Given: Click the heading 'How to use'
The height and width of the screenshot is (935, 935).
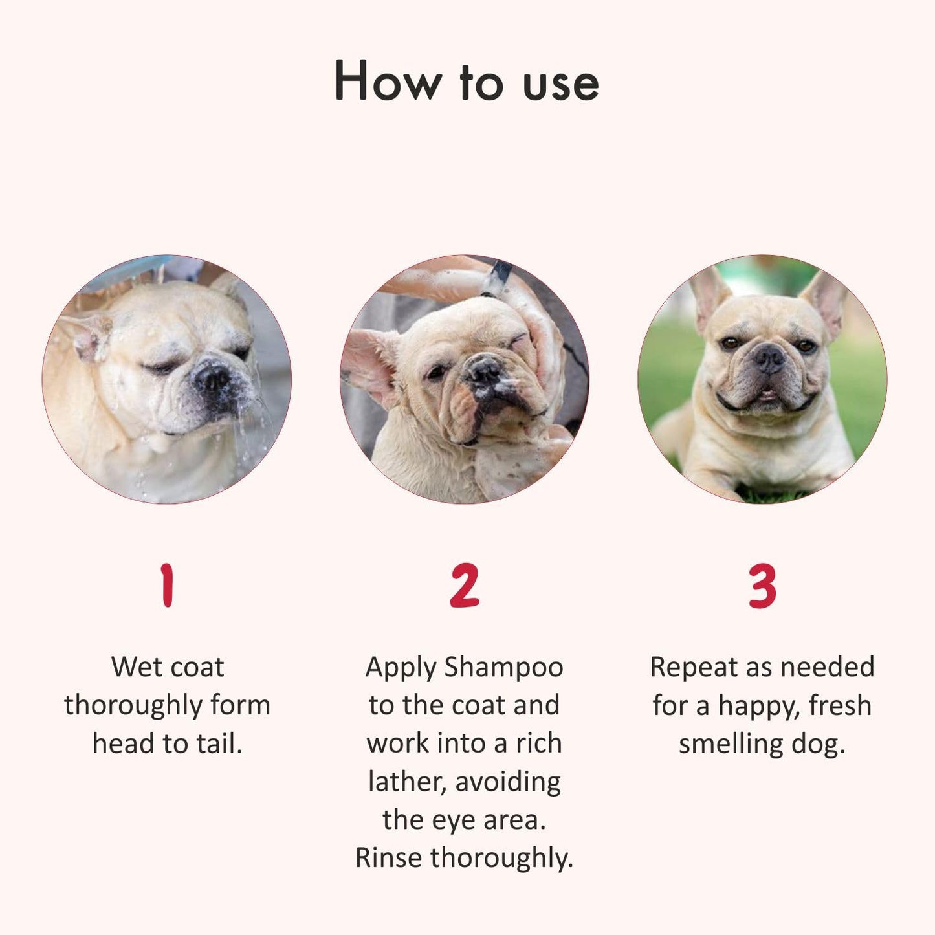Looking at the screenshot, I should (x=467, y=82).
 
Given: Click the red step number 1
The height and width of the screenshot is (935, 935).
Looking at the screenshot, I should (x=167, y=586).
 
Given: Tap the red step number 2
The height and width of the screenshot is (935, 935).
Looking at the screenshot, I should (x=465, y=586).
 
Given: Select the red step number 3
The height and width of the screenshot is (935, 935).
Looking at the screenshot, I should (x=762, y=586).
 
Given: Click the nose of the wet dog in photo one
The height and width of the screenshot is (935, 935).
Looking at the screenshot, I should (x=213, y=378).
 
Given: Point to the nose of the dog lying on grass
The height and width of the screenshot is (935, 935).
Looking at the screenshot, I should (x=770, y=358).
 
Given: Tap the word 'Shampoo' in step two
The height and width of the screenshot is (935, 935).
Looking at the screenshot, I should (x=503, y=668).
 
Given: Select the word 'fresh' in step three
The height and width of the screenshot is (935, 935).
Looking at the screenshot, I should (x=840, y=705).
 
